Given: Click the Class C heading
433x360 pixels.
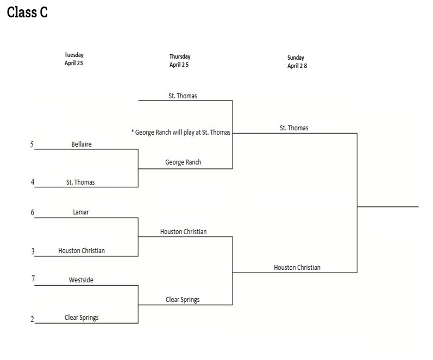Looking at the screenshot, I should coord(27,13).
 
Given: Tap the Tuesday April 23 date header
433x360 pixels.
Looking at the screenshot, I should coord(74,59).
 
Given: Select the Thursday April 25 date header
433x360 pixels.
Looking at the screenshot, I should coord(180,60).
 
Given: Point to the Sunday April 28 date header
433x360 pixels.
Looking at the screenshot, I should coord(297,61).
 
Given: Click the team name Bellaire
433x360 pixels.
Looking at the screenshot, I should coord(81,144).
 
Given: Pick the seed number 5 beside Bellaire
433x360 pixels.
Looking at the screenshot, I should coord(32,144).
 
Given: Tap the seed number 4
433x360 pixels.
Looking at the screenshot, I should coord(33,182).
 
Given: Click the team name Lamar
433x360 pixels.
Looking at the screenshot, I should coord(81,212).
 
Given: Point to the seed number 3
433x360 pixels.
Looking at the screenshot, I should coord(33,251).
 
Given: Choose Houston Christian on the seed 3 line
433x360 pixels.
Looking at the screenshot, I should coord(81,251).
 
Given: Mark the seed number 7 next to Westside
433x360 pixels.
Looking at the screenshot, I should coord(33,279).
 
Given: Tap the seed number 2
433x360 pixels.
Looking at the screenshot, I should coord(33,319).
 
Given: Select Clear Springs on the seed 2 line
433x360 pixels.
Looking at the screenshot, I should coord(81,318).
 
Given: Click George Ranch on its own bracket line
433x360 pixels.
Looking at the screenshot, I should coord(183,162).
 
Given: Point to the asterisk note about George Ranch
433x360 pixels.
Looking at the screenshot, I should coord(181,132).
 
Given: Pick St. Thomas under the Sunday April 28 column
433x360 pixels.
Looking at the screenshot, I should coord(294,128).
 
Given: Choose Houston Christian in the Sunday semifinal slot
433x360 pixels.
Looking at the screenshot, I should coord(297,267).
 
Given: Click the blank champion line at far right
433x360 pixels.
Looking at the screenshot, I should coord(388,206).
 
